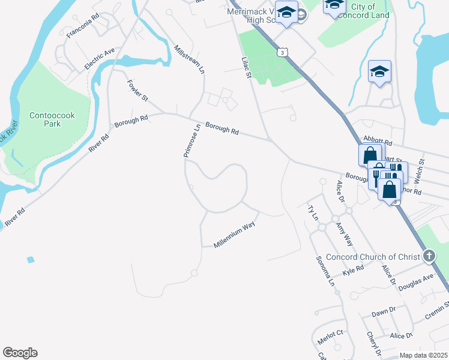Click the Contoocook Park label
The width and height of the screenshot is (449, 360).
(x=45, y=119)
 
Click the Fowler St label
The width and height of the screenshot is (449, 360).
(x=137, y=90)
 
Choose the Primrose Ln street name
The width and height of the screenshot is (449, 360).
(x=191, y=142)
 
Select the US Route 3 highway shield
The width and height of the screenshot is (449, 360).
(x=282, y=53)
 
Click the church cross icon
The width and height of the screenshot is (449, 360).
(x=429, y=257)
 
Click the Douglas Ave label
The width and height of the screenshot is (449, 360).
(x=419, y=281)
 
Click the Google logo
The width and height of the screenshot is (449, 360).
(x=20, y=353)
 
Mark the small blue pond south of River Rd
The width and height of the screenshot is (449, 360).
(x=30, y=260)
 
